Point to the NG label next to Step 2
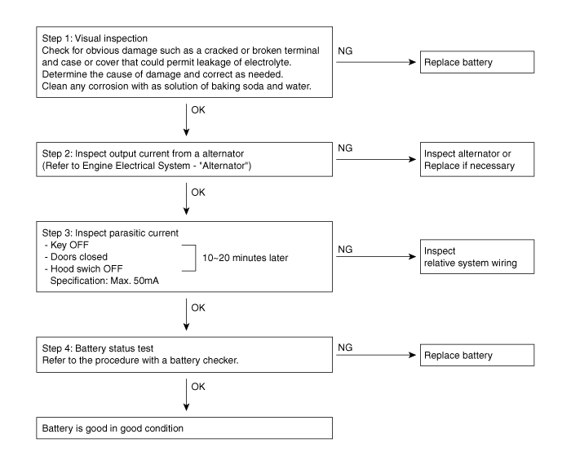click(345, 148)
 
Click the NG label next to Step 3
click(345, 250)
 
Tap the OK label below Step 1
click(198, 110)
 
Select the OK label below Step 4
click(198, 387)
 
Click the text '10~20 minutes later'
click(245, 258)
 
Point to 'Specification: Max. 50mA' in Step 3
click(104, 281)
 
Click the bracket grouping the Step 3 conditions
click(196, 258)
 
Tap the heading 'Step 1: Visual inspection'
click(95, 38)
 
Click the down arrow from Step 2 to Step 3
click(187, 199)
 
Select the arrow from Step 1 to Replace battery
click(376, 62)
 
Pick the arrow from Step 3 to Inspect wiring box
click(376, 257)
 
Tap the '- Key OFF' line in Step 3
click(67, 245)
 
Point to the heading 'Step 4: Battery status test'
click(98, 348)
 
